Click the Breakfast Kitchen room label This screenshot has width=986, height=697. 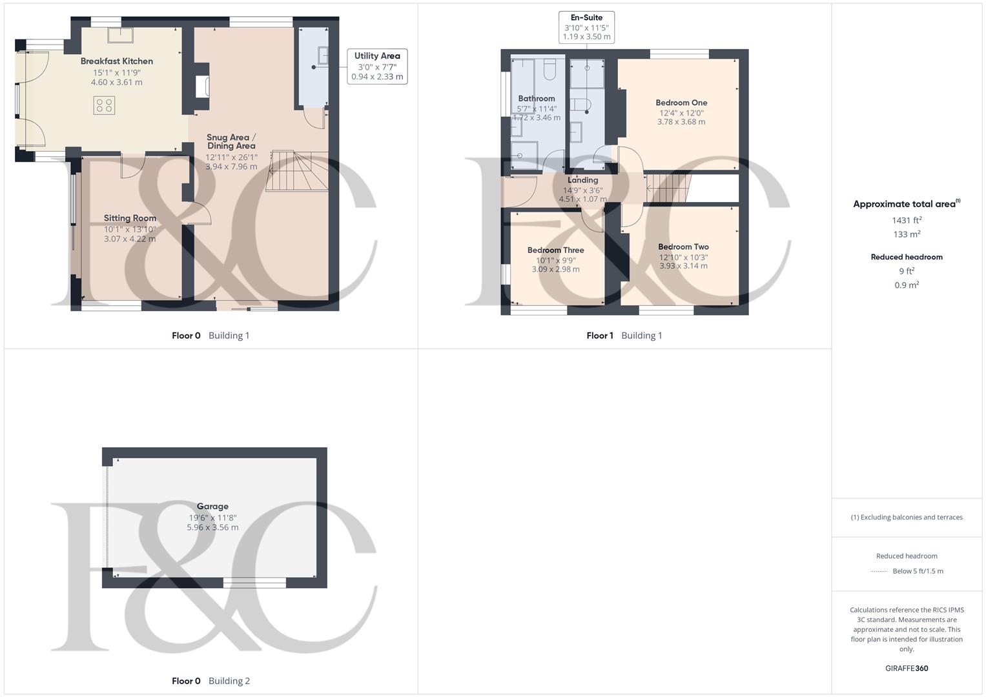(x=117, y=61)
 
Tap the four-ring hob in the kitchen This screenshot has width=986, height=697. (x=105, y=105)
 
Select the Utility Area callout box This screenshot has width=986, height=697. (x=377, y=66)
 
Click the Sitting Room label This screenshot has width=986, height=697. (x=130, y=218)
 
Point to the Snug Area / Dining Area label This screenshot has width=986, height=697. (x=231, y=141)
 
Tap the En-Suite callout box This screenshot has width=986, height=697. (x=586, y=27)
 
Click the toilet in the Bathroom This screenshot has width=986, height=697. (x=549, y=69)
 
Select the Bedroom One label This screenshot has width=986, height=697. (x=681, y=103)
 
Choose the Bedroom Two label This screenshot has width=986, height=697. (x=683, y=247)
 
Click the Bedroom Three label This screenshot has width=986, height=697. (x=555, y=250)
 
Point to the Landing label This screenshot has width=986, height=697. (x=582, y=180)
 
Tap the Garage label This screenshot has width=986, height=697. (x=212, y=507)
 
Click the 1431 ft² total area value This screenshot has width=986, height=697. (x=907, y=220)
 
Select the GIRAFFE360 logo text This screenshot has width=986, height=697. (x=907, y=668)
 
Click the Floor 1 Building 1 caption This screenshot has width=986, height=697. (x=624, y=336)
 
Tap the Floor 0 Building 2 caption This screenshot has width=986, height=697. (x=211, y=681)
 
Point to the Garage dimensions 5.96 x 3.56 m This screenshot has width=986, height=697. (x=212, y=527)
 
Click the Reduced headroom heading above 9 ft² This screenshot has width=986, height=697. (x=907, y=257)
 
